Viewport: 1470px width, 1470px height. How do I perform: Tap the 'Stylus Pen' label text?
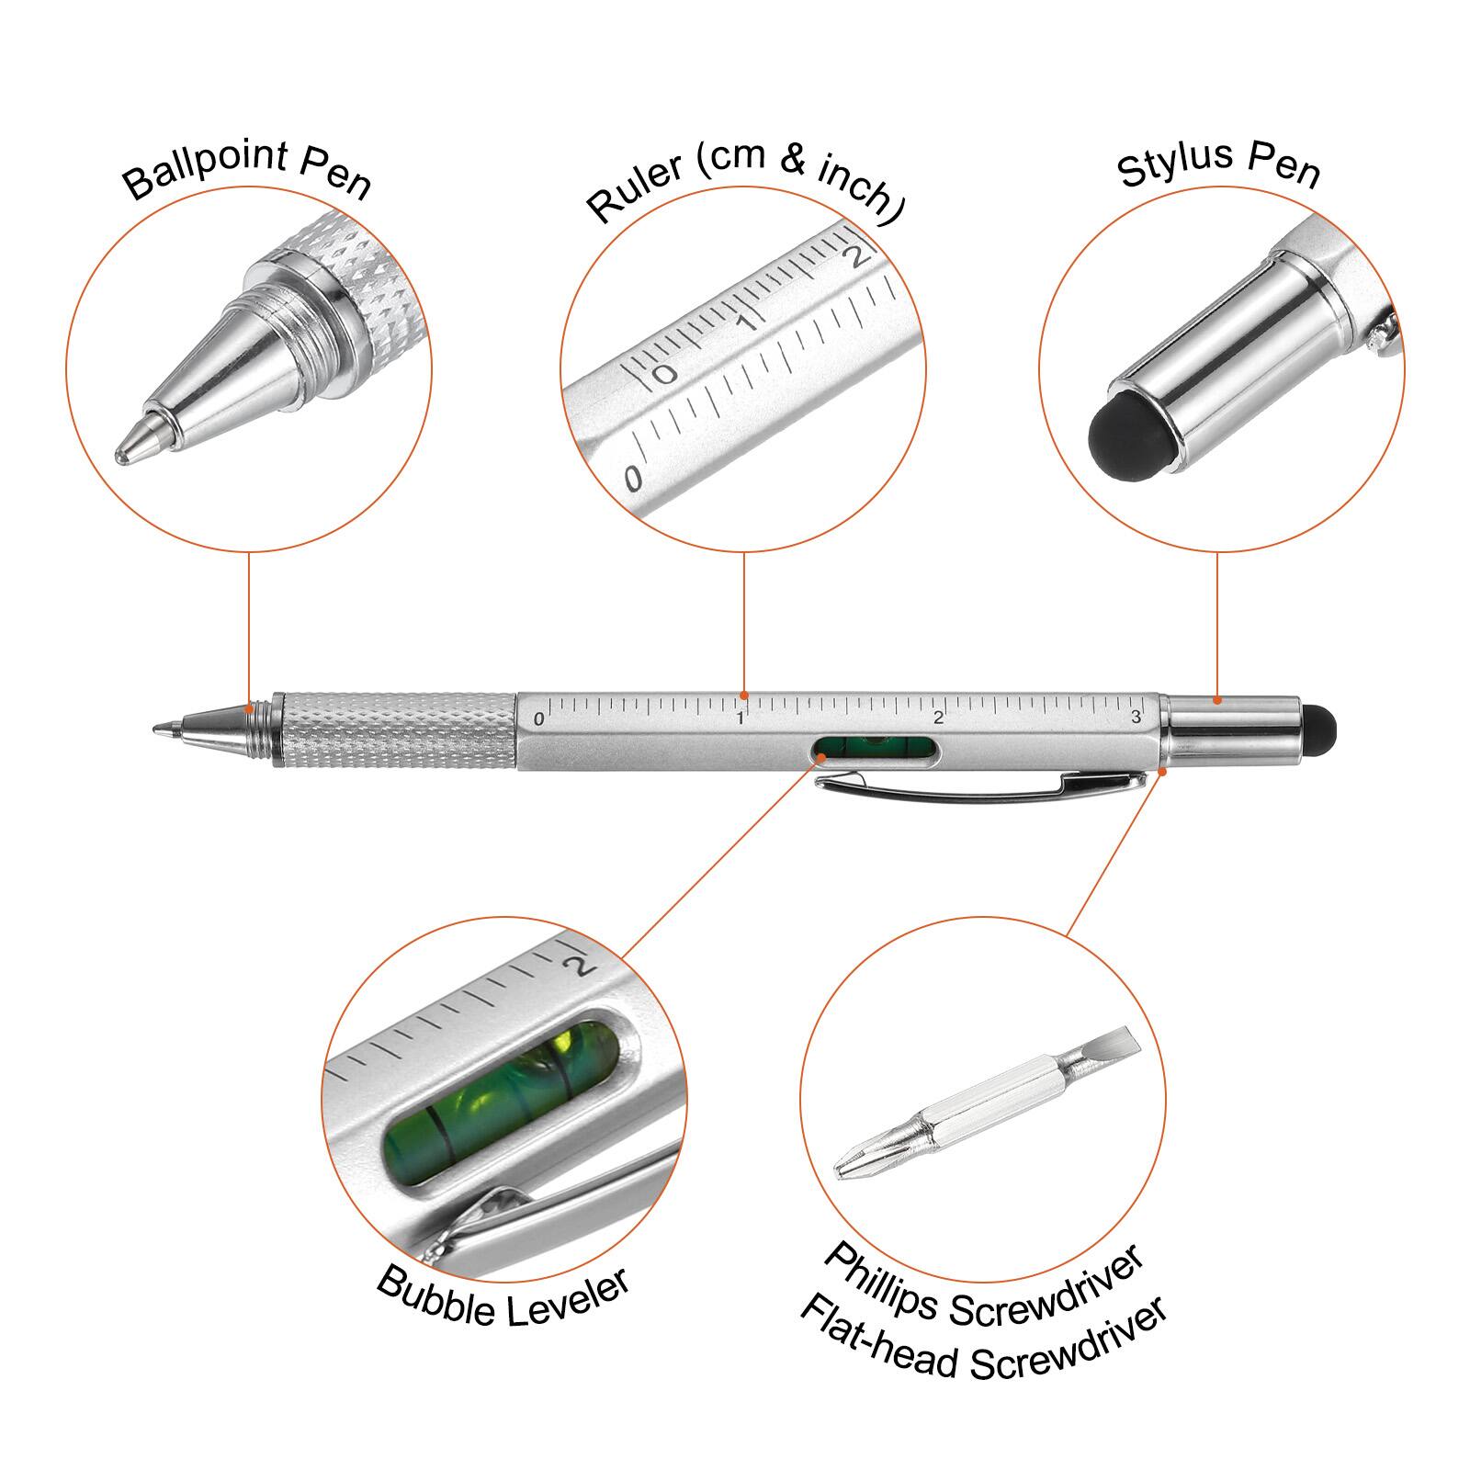[x=1218, y=164]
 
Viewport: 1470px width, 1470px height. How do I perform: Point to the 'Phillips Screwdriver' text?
[x=983, y=1286]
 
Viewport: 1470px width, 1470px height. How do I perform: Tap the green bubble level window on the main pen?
[x=876, y=751]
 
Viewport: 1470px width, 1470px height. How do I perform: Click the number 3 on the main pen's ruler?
[x=1136, y=718]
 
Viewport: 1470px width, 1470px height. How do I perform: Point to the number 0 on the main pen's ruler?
[x=538, y=719]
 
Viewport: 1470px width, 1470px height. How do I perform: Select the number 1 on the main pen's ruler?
[x=740, y=718]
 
